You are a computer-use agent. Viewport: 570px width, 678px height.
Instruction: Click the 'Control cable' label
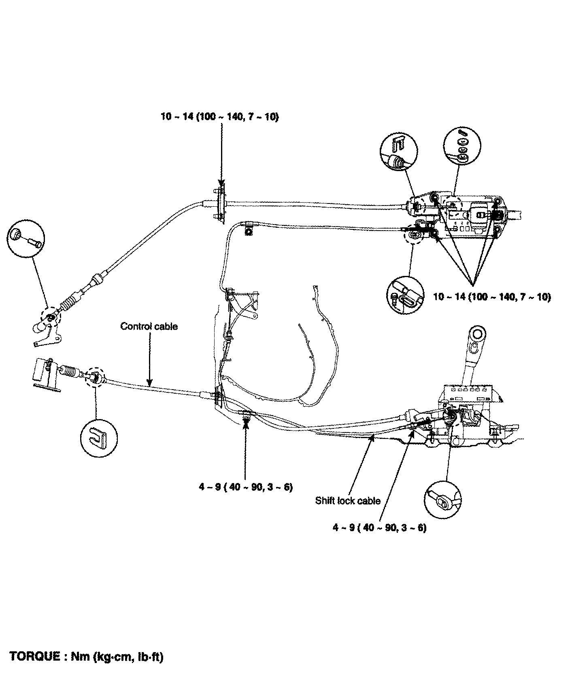(x=149, y=326)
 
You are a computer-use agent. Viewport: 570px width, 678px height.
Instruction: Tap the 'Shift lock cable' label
(x=348, y=501)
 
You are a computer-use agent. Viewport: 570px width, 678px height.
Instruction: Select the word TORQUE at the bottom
(x=34, y=656)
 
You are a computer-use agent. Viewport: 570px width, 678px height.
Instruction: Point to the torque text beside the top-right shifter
(x=492, y=297)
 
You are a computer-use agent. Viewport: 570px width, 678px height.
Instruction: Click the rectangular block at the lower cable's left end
(x=43, y=370)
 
